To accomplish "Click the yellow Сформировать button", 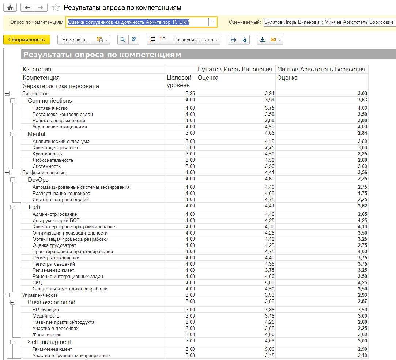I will [27, 40].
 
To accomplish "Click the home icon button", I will [10, 8].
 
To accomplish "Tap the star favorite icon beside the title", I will [56, 8].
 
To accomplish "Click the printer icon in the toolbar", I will [233, 40].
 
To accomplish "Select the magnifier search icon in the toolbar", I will [123, 40].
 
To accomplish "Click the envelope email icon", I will [273, 40].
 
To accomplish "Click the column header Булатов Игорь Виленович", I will [235, 69].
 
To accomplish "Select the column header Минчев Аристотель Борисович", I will [321, 69].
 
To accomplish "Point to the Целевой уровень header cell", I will [179, 81].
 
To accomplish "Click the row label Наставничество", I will [50, 108].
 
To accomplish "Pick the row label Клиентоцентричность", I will [56, 147].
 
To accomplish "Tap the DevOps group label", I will [38, 180].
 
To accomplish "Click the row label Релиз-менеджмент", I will [53, 270].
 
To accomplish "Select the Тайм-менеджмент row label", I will [52, 349].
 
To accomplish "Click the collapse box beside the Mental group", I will [12, 134].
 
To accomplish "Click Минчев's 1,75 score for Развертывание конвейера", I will [362, 193].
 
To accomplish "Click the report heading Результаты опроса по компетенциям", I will [102, 55].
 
